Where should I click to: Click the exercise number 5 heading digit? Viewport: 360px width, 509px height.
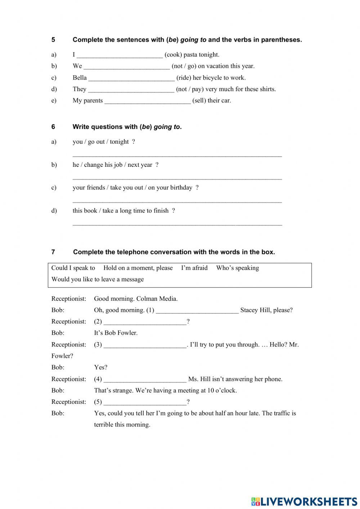coord(53,40)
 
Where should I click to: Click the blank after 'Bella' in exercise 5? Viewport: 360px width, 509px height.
coord(131,78)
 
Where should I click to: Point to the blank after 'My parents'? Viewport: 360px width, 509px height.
coord(147,101)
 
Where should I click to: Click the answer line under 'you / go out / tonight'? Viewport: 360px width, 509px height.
coord(177,156)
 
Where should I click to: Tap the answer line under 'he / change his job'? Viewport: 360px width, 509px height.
coord(177,179)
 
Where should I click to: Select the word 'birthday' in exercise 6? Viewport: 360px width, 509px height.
coord(180,188)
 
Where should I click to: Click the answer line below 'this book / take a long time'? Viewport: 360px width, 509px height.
coord(177,225)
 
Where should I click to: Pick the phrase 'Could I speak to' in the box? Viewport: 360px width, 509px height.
coord(73,268)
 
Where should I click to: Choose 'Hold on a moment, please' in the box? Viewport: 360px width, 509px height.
coord(138,268)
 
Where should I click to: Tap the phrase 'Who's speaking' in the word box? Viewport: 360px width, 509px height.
coord(237,268)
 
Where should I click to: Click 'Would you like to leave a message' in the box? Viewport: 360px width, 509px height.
coord(98,280)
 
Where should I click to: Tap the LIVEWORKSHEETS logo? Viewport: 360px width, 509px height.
coord(304,501)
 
